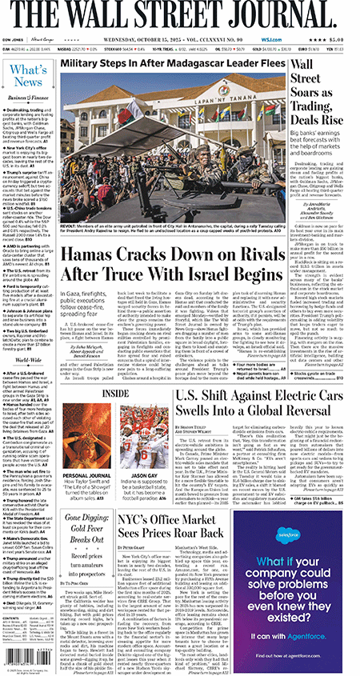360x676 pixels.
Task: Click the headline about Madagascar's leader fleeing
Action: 172,62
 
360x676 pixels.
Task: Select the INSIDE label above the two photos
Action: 114,394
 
